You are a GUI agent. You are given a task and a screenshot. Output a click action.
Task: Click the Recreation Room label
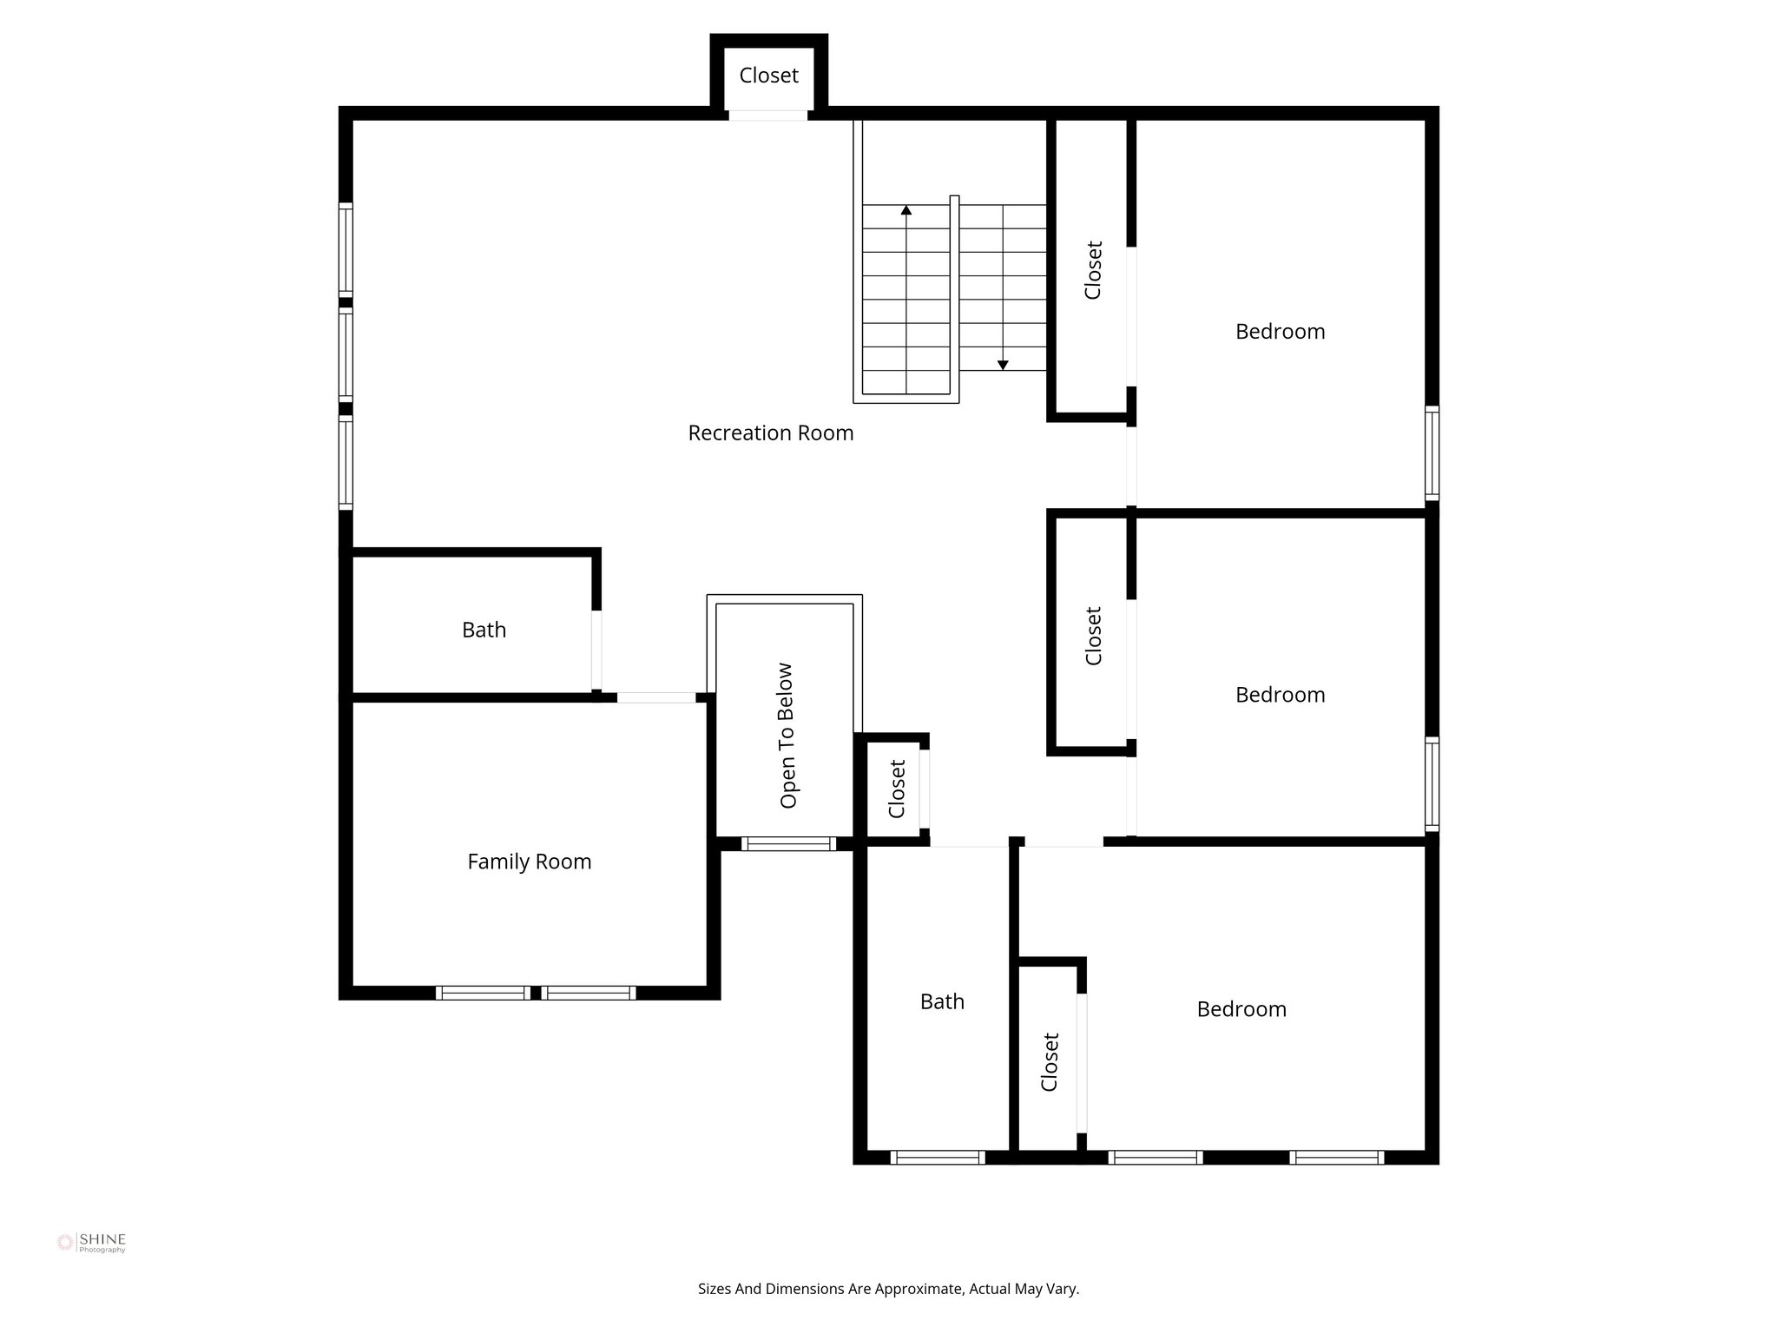771,433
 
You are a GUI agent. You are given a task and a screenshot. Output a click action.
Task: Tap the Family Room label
530,862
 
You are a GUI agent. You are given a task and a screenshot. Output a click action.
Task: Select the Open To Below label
787,736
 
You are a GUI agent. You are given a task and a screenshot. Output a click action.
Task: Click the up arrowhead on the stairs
906,209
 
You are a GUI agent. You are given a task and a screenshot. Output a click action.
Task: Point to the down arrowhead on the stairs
1003,366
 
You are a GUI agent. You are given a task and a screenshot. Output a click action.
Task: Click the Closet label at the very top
769,76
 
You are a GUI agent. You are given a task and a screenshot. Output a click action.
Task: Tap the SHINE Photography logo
91,1243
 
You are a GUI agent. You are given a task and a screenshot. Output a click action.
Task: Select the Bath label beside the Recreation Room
484,630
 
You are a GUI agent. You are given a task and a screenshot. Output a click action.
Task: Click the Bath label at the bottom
942,1001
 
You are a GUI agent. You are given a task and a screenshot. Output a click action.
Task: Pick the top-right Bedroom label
1281,331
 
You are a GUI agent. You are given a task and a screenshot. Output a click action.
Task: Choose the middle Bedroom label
1281,695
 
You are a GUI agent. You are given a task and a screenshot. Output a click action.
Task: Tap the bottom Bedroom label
1241,1009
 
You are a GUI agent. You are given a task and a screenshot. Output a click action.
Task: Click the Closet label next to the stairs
1093,270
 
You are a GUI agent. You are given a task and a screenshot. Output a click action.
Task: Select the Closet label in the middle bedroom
1093,636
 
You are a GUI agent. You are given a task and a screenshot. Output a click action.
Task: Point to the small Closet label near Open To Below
897,789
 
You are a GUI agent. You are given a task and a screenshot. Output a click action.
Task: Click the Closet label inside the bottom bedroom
1050,1061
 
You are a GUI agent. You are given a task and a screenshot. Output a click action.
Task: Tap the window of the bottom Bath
938,1157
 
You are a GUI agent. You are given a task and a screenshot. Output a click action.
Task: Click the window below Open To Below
789,843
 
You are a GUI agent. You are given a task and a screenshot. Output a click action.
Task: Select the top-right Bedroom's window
1432,453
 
